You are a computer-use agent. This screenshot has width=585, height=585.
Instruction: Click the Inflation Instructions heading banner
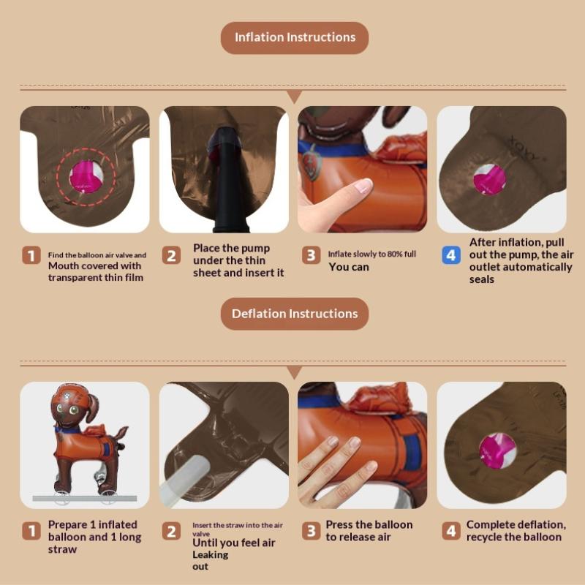tap(295, 38)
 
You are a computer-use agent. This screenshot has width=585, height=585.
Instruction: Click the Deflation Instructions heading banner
tap(295, 314)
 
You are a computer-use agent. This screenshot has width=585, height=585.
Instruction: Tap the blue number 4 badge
tap(451, 255)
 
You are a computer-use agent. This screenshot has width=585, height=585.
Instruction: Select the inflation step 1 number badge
tap(31, 255)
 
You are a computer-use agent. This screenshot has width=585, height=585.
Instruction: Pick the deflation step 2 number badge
tap(171, 531)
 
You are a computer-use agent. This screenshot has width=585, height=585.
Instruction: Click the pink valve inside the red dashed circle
tap(86, 176)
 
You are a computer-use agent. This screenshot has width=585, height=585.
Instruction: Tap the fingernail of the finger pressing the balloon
tap(363, 185)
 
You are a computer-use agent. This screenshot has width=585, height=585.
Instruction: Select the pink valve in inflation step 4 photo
tap(489, 180)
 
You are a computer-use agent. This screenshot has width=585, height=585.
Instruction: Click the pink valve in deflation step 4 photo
tap(497, 450)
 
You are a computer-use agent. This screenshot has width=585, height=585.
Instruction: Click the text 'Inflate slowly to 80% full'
tap(372, 254)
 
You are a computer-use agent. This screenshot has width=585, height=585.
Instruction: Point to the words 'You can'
tap(349, 267)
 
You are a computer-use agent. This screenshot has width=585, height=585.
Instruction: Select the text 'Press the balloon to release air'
tap(369, 531)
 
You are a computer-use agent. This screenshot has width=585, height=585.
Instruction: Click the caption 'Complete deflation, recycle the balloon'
tap(516, 531)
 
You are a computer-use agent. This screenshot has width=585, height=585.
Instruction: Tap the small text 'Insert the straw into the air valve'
tap(238, 529)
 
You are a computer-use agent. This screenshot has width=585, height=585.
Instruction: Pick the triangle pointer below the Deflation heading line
tap(295, 373)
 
